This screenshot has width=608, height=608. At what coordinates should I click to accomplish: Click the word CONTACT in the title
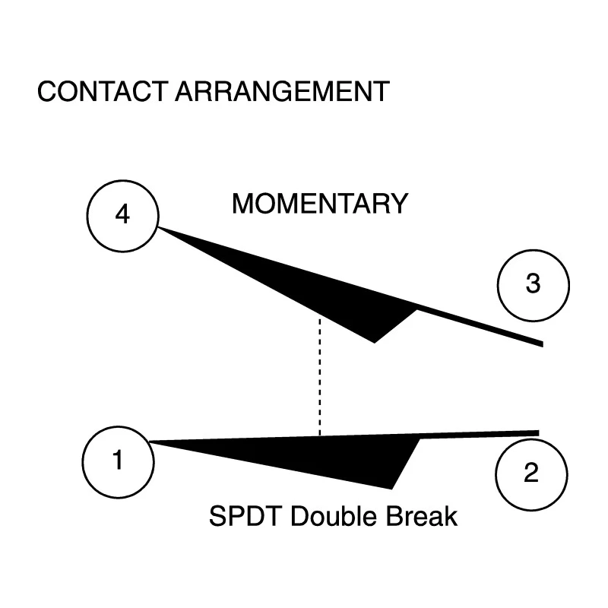pos(103,91)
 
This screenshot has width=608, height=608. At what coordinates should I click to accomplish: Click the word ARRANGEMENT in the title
pos(282,91)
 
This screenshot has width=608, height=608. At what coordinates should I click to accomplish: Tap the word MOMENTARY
pos(320,204)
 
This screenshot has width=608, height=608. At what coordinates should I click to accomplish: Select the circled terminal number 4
pos(122,216)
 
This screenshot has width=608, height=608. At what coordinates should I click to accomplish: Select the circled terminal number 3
pos(534,286)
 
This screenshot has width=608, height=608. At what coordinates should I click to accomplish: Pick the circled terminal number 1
pos(119,462)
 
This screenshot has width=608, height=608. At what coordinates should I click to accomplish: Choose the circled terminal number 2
pos(531,474)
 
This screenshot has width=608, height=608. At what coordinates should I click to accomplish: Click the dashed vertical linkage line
pos(320,377)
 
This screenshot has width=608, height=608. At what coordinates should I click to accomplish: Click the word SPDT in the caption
pos(245,516)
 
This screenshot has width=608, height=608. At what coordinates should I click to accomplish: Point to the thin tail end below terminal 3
pos(542,344)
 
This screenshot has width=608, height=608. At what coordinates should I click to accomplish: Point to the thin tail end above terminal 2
pos(538,433)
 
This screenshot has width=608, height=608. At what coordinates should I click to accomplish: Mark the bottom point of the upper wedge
pos(374,343)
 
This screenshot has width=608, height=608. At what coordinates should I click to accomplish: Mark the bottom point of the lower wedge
pos(391,489)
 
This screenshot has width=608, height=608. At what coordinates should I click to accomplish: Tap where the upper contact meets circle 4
pos(158,227)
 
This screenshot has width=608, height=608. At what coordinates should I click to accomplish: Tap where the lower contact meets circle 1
pos(150,442)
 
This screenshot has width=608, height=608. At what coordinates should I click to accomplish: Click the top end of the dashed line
pos(320,318)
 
